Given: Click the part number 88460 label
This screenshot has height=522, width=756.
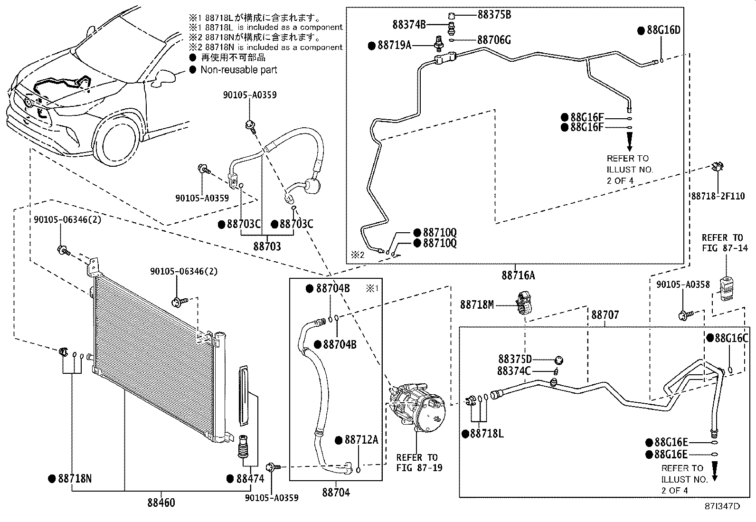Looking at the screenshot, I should click(x=161, y=502).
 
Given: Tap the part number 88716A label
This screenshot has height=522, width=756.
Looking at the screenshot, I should click(x=518, y=275).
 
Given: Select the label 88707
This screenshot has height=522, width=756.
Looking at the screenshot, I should click(x=605, y=315).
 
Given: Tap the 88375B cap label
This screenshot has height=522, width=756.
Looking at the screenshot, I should click(x=494, y=14).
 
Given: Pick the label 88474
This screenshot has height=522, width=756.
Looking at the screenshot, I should click(x=250, y=478).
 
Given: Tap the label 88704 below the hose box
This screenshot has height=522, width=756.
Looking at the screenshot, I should click(x=336, y=493).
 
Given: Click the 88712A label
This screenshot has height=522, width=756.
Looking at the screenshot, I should click(x=361, y=440).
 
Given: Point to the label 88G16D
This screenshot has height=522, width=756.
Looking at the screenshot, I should click(x=663, y=30).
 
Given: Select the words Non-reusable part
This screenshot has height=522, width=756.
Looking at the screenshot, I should click(x=238, y=70).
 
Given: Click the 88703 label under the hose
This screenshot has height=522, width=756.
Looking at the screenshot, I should click(x=267, y=247).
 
